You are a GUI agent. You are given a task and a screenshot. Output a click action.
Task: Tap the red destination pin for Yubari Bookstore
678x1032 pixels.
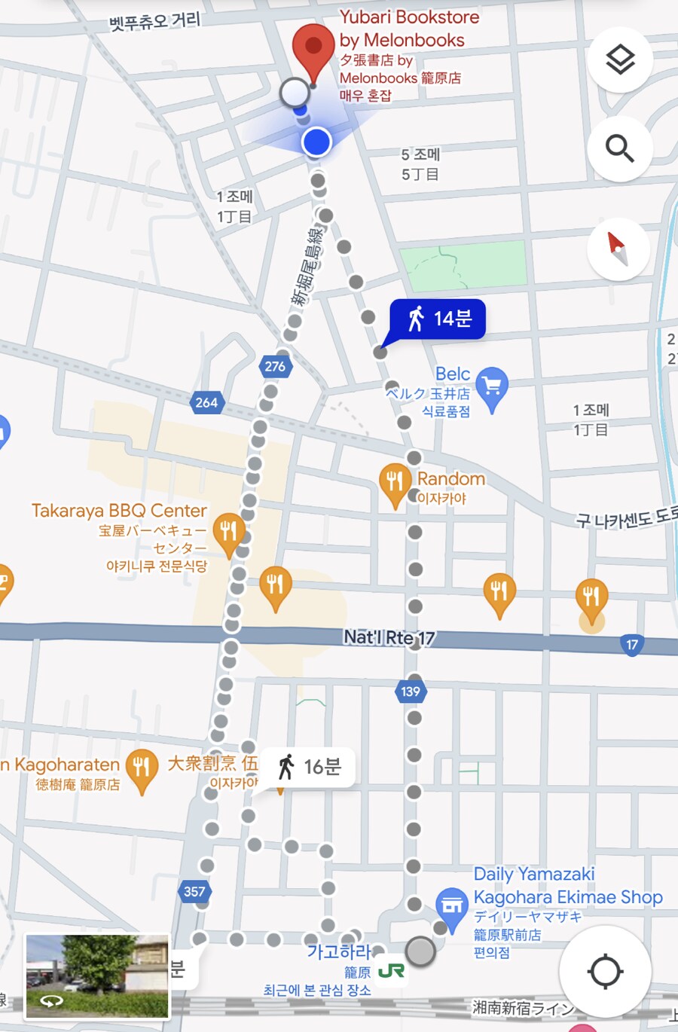coord(313,47)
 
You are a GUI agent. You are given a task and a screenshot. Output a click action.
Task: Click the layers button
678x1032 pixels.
coord(619,60)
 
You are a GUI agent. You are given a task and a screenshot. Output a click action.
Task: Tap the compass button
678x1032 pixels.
coord(618,249)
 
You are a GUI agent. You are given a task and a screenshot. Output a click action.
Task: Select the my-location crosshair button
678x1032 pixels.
coord(605,971)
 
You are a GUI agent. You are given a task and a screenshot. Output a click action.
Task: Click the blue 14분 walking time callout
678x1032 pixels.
coord(438,319)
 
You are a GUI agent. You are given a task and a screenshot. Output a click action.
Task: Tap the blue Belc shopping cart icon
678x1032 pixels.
coord(492,387)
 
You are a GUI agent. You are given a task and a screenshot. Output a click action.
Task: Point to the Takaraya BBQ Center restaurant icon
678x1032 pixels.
coord(228,532)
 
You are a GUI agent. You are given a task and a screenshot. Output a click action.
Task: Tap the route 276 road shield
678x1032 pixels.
coord(275,367)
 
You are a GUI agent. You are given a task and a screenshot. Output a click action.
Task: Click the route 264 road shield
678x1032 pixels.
coord(206,402)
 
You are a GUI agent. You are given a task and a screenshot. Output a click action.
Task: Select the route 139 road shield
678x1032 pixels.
coord(411,692)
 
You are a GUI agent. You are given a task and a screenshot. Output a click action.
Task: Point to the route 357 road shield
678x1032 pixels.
coord(194,892)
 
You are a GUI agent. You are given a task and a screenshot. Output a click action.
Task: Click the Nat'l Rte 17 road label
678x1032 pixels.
coord(389,638)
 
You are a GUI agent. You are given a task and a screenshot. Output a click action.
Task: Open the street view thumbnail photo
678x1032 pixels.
coord(97,976)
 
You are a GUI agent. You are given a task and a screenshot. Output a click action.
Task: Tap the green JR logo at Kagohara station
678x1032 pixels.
coord(391,971)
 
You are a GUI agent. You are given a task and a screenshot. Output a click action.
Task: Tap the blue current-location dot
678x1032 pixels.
coord(317,141)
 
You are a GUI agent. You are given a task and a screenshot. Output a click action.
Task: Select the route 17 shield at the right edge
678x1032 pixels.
coord(632,645)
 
